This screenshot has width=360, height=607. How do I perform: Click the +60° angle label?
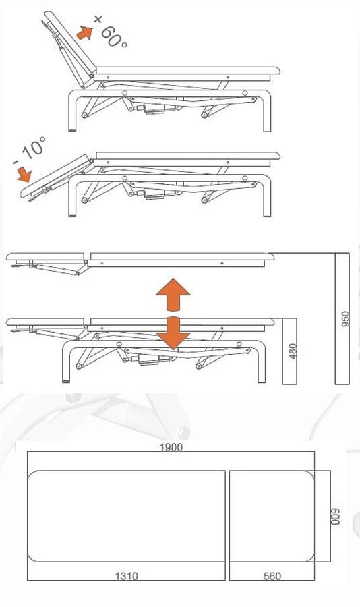[112, 31]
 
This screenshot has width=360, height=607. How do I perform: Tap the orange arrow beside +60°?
[84, 32]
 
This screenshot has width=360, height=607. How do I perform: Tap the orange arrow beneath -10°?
[24, 174]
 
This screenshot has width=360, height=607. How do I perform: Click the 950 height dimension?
[344, 318]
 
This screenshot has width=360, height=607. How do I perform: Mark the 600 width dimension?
[335, 516]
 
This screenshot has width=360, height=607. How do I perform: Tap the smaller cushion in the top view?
[272, 516]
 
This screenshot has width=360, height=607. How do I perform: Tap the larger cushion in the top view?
[127, 516]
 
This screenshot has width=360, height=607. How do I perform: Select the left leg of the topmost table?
[72, 111]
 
